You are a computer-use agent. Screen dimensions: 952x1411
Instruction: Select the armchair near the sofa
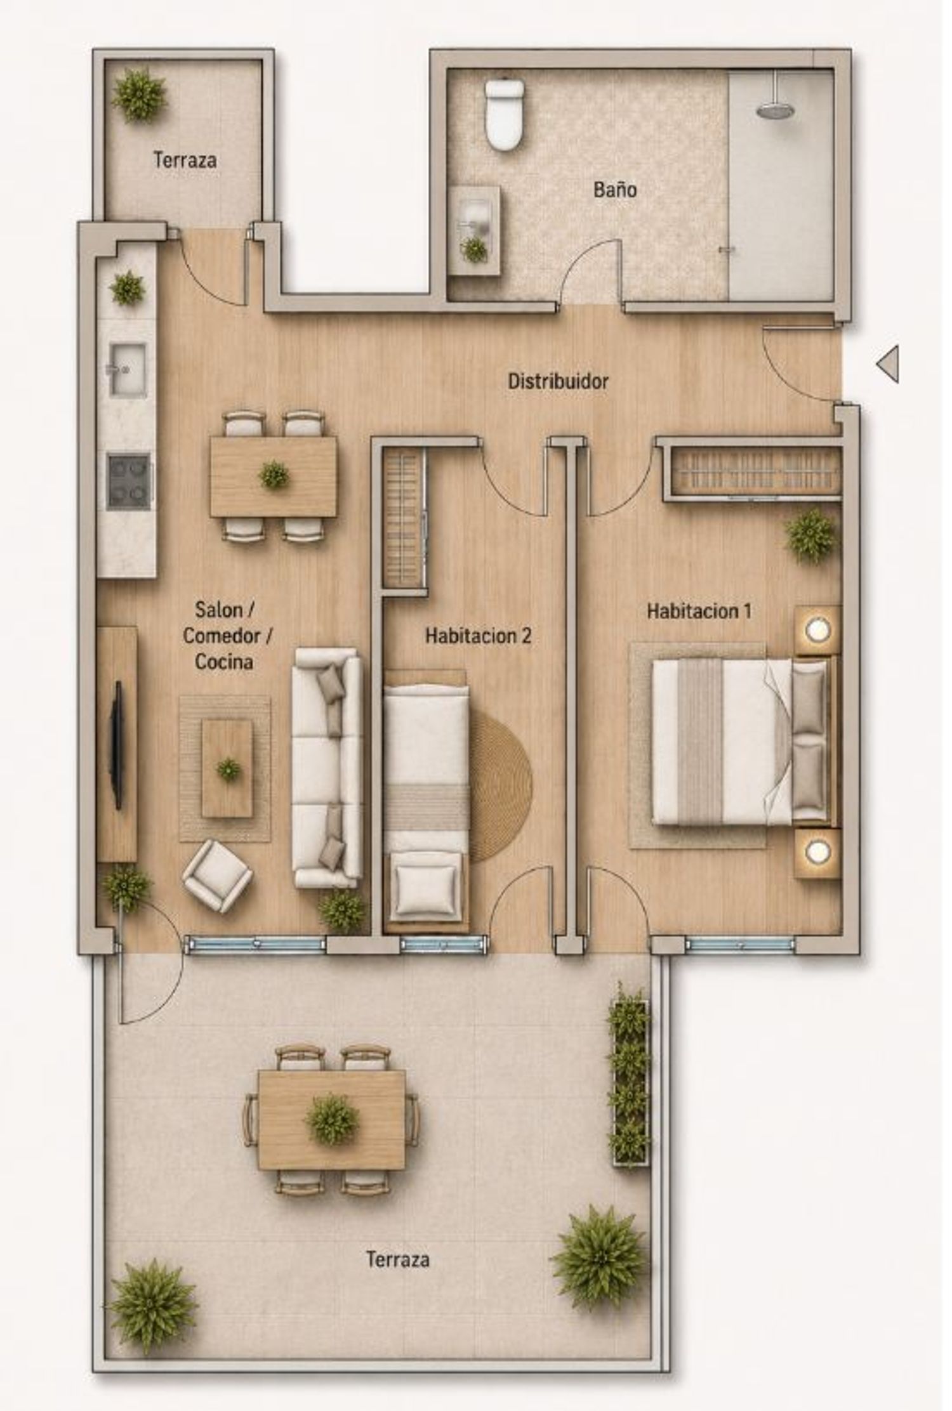[218, 877]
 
